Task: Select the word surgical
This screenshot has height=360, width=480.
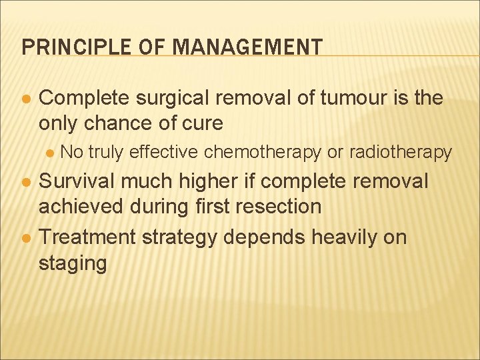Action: coord(172,99)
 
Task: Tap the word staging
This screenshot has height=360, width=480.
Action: coord(73,263)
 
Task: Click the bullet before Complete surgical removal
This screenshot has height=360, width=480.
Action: coord(25,99)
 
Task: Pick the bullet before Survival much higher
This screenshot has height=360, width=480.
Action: coord(25,182)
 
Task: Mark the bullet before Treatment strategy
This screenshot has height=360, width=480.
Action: coord(25,237)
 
